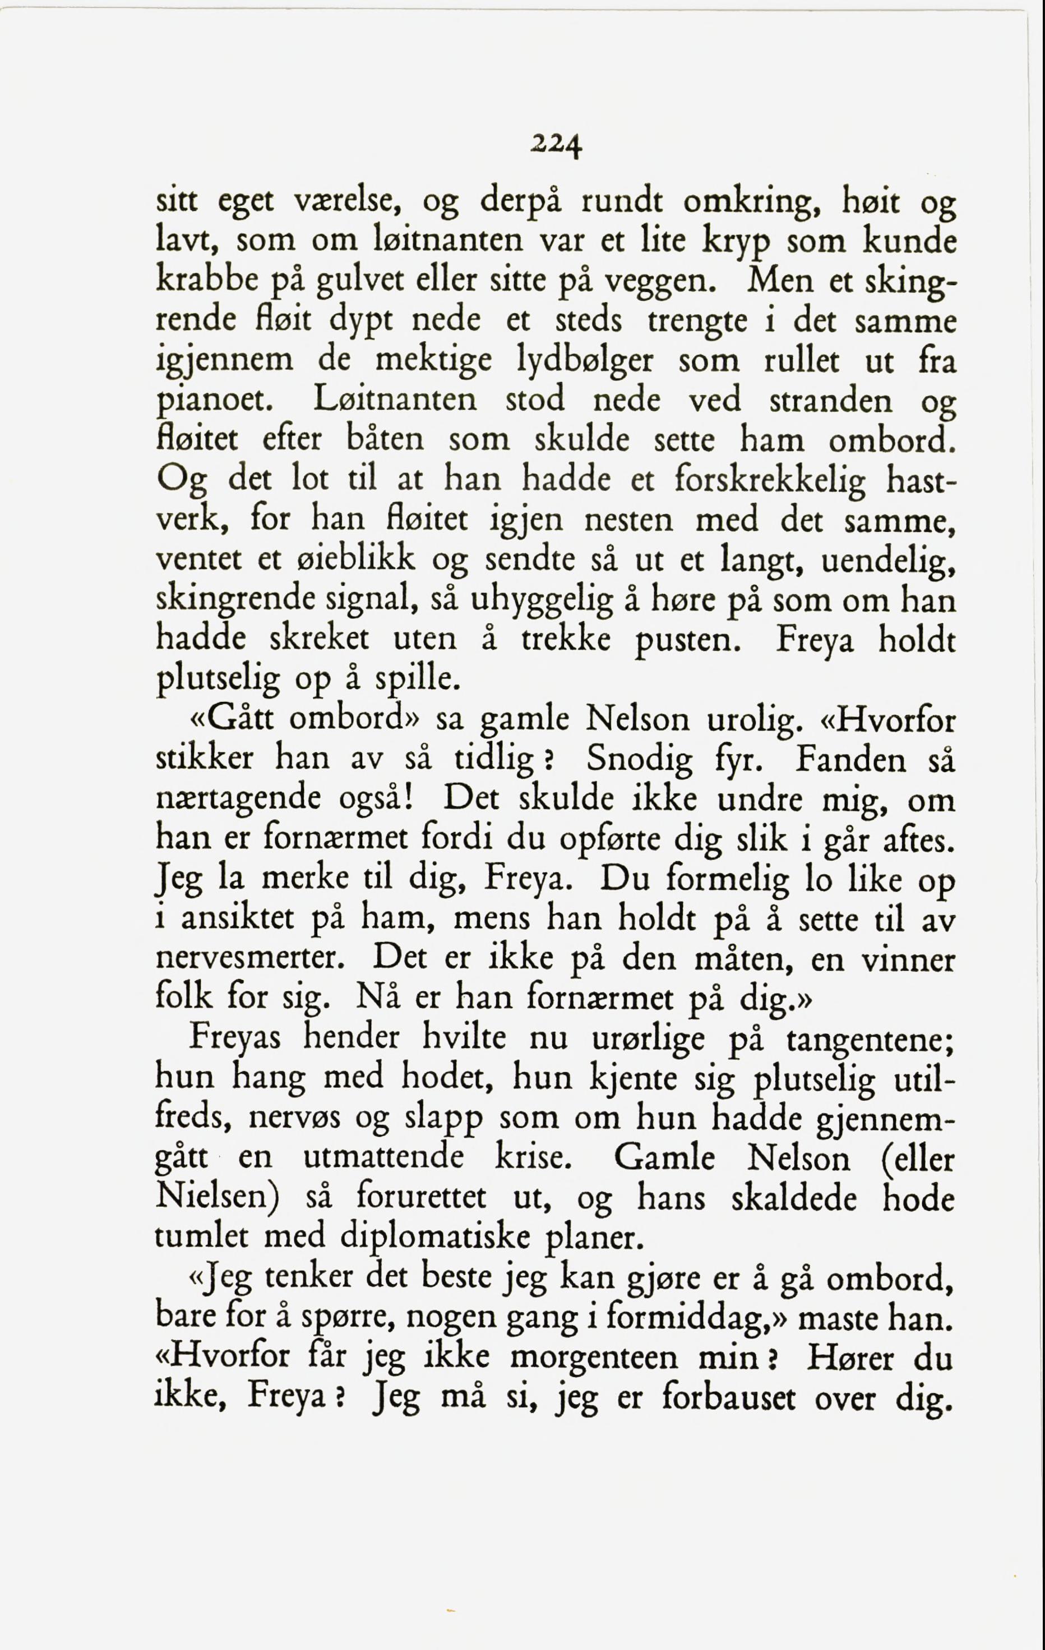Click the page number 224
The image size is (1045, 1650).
(556, 145)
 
